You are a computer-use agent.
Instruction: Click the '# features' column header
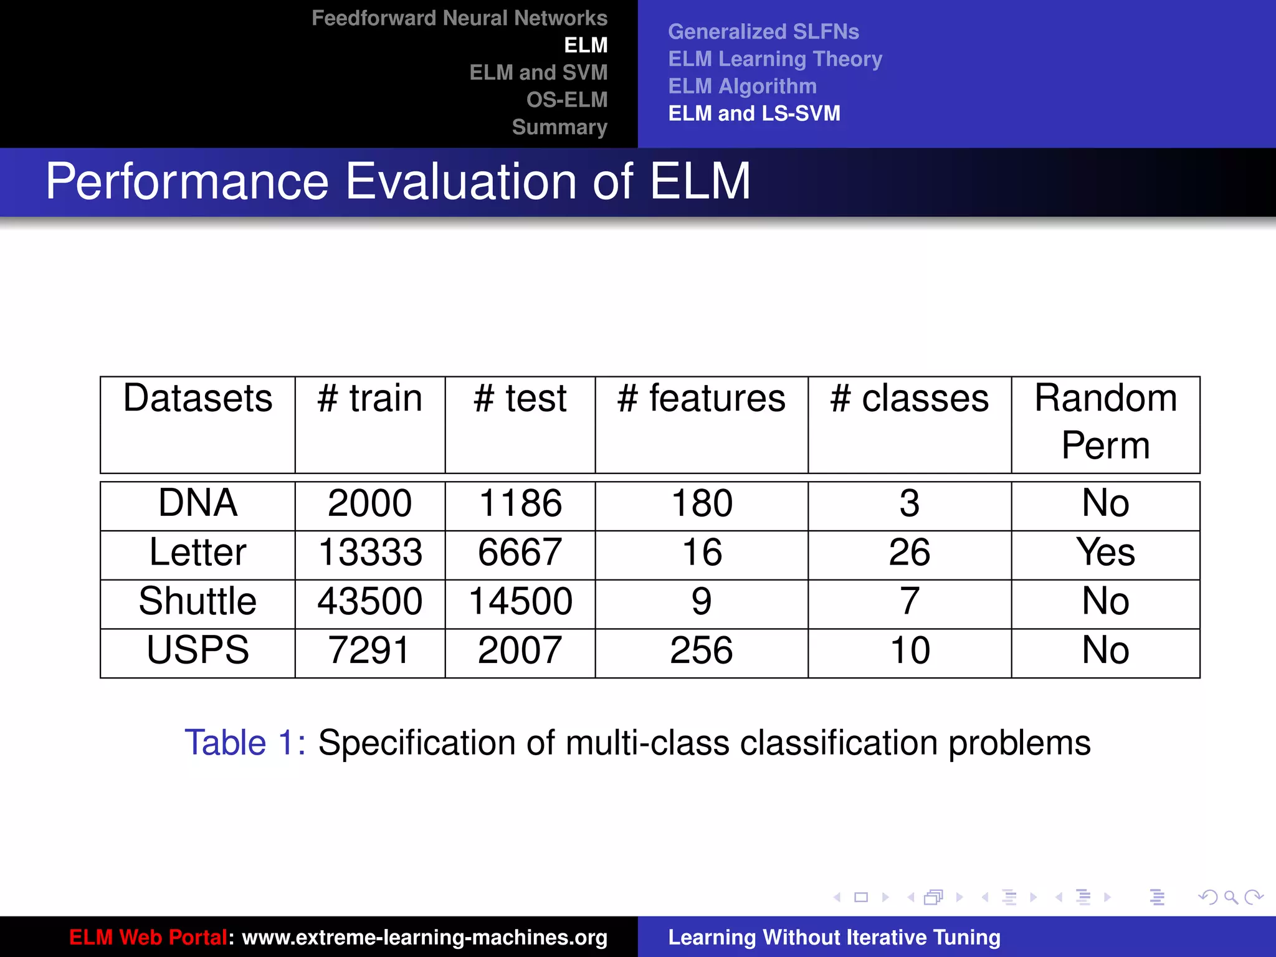[x=702, y=399]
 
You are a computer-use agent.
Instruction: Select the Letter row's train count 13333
[x=370, y=553]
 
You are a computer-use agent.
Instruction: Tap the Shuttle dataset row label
[x=198, y=601]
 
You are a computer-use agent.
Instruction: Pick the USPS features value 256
[x=702, y=650]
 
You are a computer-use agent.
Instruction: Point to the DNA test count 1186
[x=520, y=503]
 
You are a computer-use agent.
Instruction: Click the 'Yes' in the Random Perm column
[x=1105, y=553]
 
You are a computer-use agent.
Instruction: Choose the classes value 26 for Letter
[x=910, y=553]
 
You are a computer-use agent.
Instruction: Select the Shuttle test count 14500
[x=520, y=601]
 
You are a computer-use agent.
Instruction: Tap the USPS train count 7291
[x=370, y=650]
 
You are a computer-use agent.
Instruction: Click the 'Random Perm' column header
[x=1105, y=422]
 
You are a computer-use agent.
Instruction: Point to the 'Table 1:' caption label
[x=245, y=743]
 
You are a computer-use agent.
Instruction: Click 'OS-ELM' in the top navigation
[x=566, y=100]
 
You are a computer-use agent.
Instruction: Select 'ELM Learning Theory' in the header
[x=775, y=59]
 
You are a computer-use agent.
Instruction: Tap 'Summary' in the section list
[x=559, y=127]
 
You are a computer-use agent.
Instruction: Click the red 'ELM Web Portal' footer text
[x=148, y=937]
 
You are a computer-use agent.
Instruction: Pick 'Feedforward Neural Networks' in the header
[x=459, y=18]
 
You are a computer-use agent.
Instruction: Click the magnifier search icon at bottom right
[x=1231, y=897]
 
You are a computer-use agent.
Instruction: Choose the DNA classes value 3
[x=910, y=503]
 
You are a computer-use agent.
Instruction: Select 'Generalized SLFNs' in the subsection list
[x=763, y=32]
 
